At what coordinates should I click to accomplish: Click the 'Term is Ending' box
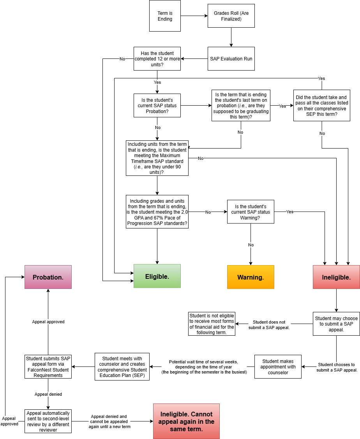click(x=165, y=16)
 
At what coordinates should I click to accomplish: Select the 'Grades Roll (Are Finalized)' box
click(x=231, y=16)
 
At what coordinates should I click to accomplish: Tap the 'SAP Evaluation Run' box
click(x=231, y=59)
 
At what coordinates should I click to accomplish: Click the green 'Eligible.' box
click(x=157, y=276)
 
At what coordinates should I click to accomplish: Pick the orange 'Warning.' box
click(x=251, y=277)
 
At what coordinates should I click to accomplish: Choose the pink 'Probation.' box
click(x=48, y=277)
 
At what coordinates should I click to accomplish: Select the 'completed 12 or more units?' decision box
click(x=157, y=59)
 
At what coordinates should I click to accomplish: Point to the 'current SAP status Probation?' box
click(x=157, y=106)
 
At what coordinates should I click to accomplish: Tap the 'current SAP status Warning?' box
click(x=251, y=212)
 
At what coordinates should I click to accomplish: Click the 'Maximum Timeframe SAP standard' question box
click(x=157, y=158)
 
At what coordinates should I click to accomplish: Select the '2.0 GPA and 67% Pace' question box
click(x=157, y=212)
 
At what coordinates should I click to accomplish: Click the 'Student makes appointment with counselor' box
click(x=278, y=367)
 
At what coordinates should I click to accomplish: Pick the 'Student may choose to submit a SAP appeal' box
click(x=336, y=324)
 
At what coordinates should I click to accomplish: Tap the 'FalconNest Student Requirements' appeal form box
click(x=48, y=367)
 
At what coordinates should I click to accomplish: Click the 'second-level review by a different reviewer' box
click(x=48, y=421)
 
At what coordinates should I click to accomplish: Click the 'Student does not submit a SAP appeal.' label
click(x=269, y=325)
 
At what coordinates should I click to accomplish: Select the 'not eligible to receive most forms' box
click(x=212, y=324)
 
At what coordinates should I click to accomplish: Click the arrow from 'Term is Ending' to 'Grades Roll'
click(x=194, y=16)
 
